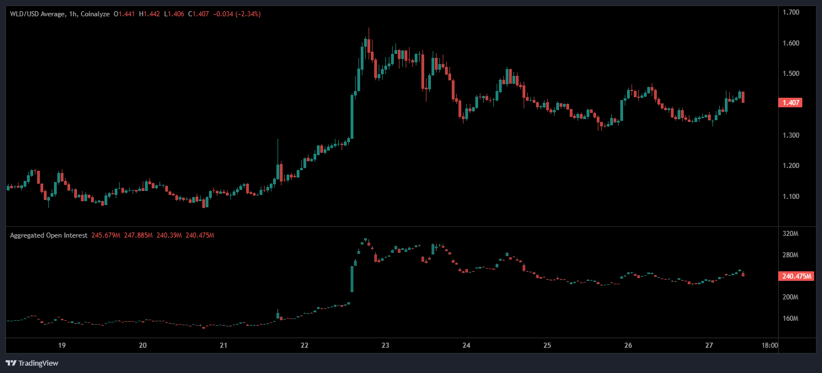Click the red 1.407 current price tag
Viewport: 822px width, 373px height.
(789, 103)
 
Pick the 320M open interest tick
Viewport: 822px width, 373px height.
(791, 234)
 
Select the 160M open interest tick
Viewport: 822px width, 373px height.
(791, 318)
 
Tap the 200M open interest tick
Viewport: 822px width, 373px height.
(791, 297)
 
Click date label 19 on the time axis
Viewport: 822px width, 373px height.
(62, 345)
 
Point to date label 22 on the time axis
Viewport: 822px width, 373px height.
(305, 345)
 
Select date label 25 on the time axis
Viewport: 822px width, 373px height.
(548, 345)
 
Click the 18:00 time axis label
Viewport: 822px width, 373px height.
(769, 345)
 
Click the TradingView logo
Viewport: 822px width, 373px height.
(32, 363)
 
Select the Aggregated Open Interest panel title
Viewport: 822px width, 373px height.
(48, 235)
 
